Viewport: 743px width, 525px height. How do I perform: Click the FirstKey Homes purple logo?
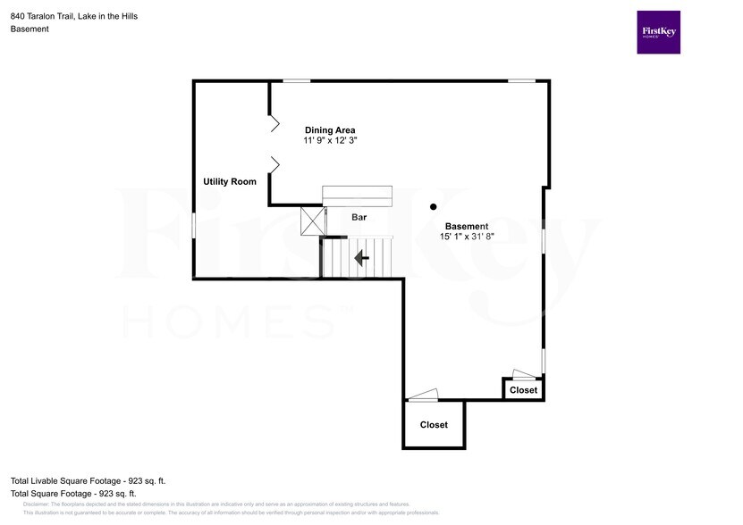[658, 32]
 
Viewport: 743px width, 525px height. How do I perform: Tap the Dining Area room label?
[330, 129]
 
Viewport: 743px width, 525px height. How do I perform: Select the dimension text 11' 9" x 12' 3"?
[330, 141]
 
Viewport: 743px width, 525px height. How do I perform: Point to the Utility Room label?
[230, 181]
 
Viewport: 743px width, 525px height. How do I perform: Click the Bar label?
[359, 217]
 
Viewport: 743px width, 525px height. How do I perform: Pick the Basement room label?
[467, 226]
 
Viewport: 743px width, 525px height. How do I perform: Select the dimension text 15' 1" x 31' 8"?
[467, 237]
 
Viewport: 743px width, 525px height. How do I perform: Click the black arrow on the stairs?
[361, 258]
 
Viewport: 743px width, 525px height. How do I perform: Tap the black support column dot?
[433, 204]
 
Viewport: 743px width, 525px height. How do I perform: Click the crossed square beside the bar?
[313, 221]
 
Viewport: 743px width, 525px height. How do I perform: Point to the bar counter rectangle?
[357, 196]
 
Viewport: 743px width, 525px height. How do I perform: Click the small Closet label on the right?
[524, 390]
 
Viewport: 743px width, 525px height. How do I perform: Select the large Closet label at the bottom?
[434, 425]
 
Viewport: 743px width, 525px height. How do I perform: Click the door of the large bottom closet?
[423, 395]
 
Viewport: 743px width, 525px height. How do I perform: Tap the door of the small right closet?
[522, 374]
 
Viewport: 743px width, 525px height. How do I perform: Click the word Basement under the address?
[30, 29]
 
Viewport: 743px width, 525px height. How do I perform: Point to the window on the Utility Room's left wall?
[194, 225]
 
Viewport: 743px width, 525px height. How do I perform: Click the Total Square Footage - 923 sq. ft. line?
[73, 493]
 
